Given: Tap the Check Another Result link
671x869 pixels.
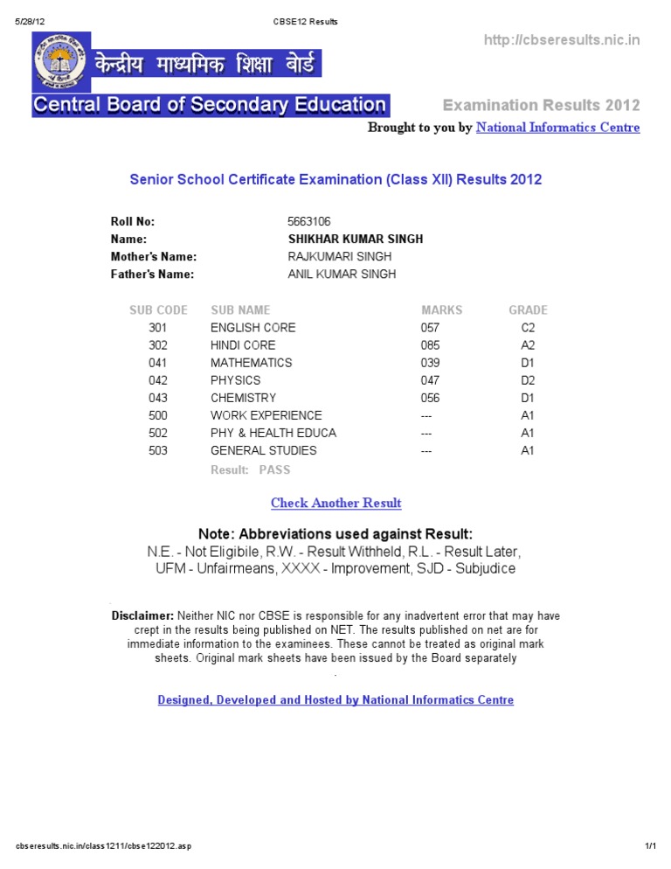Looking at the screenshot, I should click(x=336, y=503).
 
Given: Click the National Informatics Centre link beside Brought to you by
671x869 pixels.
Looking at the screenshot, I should click(x=557, y=128).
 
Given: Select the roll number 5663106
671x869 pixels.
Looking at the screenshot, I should click(x=308, y=221).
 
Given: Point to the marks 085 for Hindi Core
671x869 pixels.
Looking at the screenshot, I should click(x=430, y=345).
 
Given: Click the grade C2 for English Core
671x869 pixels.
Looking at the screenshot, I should click(x=528, y=328).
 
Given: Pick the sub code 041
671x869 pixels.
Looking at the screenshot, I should click(x=157, y=363).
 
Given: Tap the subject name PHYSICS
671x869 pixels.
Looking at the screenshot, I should click(x=235, y=380).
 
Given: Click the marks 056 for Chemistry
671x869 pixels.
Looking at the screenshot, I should click(x=430, y=398).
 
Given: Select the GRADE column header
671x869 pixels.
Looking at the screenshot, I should click(x=528, y=309).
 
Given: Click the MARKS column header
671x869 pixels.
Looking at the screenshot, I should click(x=442, y=309).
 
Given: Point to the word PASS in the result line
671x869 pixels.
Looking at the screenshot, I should click(x=274, y=469).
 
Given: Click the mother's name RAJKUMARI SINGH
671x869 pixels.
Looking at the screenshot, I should click(x=339, y=256).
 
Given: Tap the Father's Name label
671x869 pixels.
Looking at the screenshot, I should click(x=152, y=274).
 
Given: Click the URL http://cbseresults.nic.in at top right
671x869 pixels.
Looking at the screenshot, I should click(x=562, y=40).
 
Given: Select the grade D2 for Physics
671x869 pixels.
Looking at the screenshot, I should click(x=528, y=380).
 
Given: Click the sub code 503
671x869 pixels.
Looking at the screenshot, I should click(x=157, y=451).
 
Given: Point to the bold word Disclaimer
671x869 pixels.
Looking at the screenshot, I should click(x=142, y=615).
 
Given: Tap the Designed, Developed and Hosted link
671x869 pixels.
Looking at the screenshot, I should click(x=335, y=700).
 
